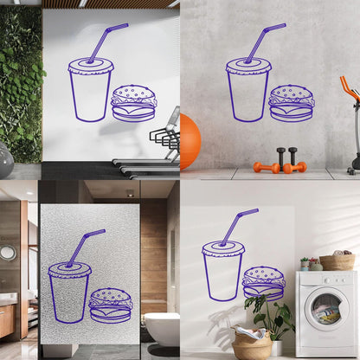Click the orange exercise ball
(190, 142)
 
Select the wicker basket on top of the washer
(337, 261)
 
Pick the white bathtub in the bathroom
(162, 328)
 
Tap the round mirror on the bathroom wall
(8, 253)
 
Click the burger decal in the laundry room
(263, 283)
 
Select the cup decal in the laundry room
(222, 270)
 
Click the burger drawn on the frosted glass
(111, 305)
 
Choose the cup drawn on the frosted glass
(69, 292)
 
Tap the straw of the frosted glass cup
(82, 246)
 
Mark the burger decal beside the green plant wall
(134, 103)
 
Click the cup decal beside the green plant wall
(90, 89)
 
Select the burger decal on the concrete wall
(292, 103)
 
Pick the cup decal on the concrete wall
(247, 89)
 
